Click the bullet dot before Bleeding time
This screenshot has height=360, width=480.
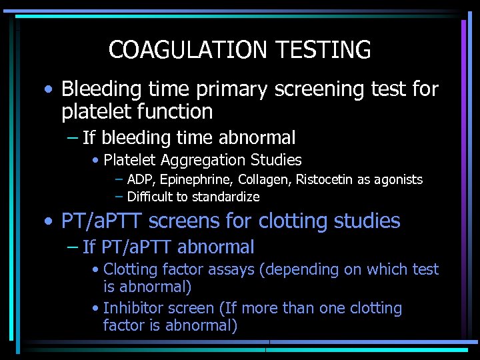click(x=50, y=89)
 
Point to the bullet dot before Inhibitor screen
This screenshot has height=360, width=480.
click(x=97, y=309)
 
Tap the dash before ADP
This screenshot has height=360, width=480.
click(x=119, y=179)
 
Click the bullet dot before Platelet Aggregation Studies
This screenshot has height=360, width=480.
click(x=97, y=161)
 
